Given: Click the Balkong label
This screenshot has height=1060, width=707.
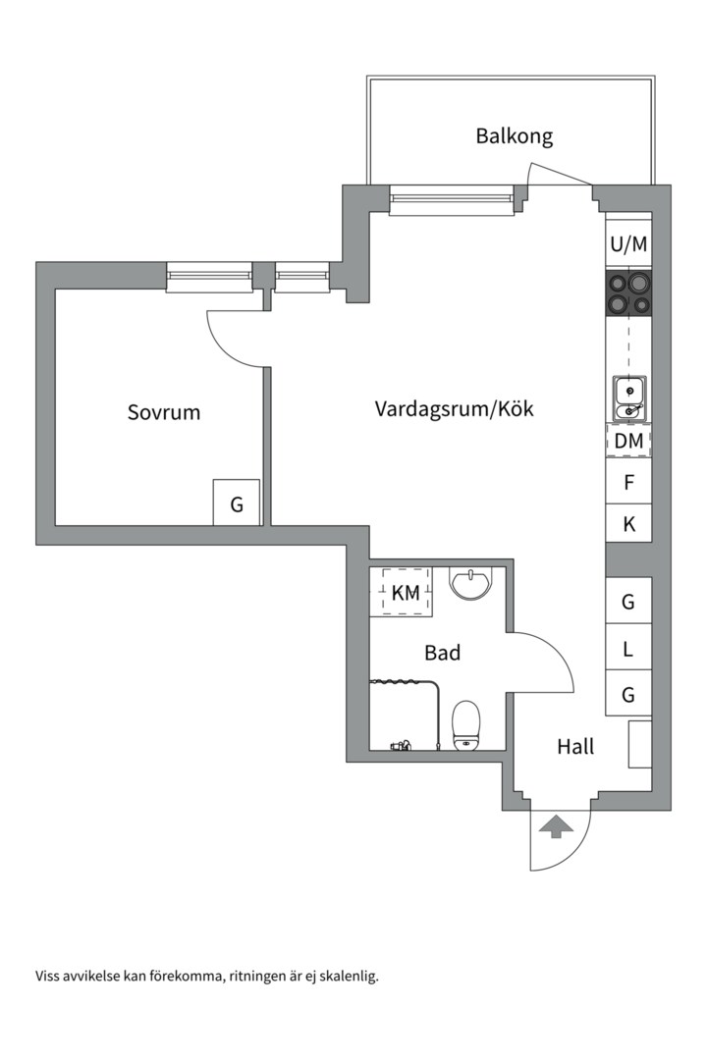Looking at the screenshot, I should (x=514, y=135).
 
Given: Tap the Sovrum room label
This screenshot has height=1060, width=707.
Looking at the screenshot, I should (x=164, y=412).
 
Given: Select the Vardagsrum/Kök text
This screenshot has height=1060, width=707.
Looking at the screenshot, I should (x=454, y=408).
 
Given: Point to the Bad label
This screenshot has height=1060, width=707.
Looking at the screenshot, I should (x=442, y=653).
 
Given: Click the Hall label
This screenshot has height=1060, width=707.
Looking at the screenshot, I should (x=575, y=747).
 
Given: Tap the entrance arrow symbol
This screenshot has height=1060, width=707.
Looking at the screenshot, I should (x=556, y=826).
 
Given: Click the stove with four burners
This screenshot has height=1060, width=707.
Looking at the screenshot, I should (x=628, y=292).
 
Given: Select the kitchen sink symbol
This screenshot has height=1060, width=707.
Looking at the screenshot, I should (x=628, y=397).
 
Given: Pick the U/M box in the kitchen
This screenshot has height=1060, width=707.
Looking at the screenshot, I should (x=628, y=244).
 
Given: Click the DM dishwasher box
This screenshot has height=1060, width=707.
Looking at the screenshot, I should (x=628, y=442).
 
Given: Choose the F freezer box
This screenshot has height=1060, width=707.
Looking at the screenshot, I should (x=628, y=483).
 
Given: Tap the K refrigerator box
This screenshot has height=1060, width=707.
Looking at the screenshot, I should (x=628, y=525).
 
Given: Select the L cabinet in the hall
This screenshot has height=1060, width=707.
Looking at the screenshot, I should (x=628, y=649).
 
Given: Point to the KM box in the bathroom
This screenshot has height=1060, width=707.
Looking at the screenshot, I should (x=405, y=593).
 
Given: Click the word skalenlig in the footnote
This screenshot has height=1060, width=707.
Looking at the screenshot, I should (x=348, y=976).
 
